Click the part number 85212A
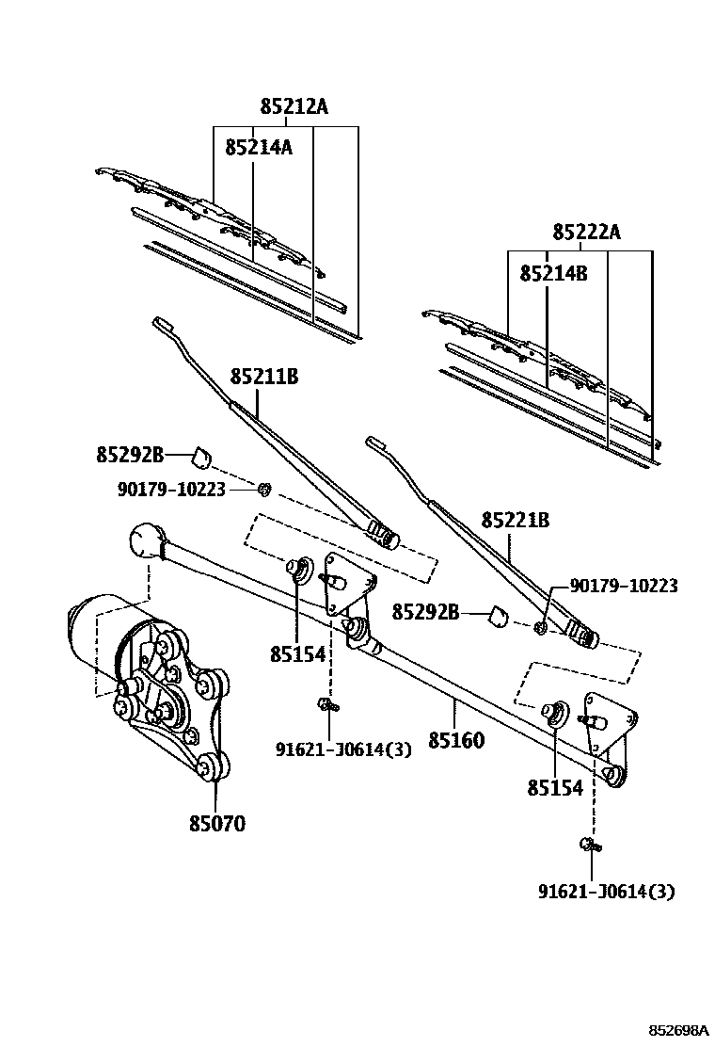[294, 106]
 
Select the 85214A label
[259, 147]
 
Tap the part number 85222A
[586, 232]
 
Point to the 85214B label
[553, 273]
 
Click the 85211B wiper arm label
[264, 377]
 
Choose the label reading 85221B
[516, 520]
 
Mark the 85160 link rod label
[456, 740]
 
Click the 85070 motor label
[216, 823]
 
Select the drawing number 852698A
[679, 1032]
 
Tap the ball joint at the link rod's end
[148, 540]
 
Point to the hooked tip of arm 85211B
[162, 324]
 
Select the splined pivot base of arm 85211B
[384, 535]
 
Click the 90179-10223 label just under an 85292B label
[171, 490]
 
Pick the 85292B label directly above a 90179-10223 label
[130, 456]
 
